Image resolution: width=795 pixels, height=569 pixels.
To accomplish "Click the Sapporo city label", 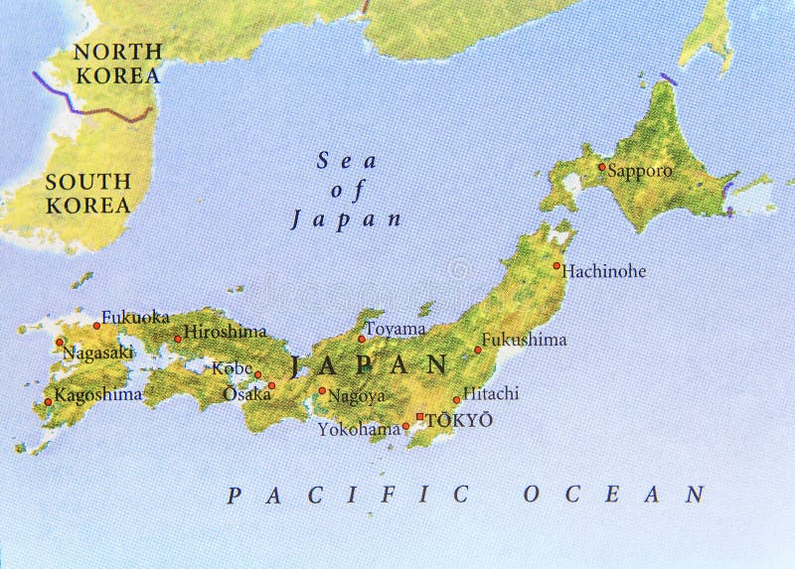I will (x=640, y=171).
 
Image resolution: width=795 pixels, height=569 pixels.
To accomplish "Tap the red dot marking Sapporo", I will (x=601, y=167).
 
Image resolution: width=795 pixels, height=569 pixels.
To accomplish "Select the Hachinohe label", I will (x=604, y=270).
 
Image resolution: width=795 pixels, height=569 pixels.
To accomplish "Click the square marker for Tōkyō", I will (x=420, y=417).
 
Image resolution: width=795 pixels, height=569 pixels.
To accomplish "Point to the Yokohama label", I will (x=358, y=429).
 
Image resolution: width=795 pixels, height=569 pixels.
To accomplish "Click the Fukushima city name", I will (x=525, y=340).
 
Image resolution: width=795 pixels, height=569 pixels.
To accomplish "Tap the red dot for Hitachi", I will (x=456, y=400).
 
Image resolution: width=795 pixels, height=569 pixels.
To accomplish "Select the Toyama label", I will (x=396, y=329).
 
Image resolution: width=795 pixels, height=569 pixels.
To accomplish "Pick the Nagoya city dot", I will (x=321, y=390).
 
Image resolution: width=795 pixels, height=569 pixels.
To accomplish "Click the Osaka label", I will (x=246, y=393).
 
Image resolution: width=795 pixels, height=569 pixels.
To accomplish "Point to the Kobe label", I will (x=232, y=368).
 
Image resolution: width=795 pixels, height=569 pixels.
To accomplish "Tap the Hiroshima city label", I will (x=226, y=332).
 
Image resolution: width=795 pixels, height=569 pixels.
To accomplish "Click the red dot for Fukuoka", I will (x=97, y=325).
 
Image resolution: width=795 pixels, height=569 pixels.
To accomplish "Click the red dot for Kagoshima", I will (x=48, y=402).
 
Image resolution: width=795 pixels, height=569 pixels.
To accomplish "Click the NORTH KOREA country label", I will (x=117, y=64).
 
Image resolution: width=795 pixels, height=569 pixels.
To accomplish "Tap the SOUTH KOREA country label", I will (x=87, y=194).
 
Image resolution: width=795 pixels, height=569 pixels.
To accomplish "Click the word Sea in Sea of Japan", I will (x=335, y=160).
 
